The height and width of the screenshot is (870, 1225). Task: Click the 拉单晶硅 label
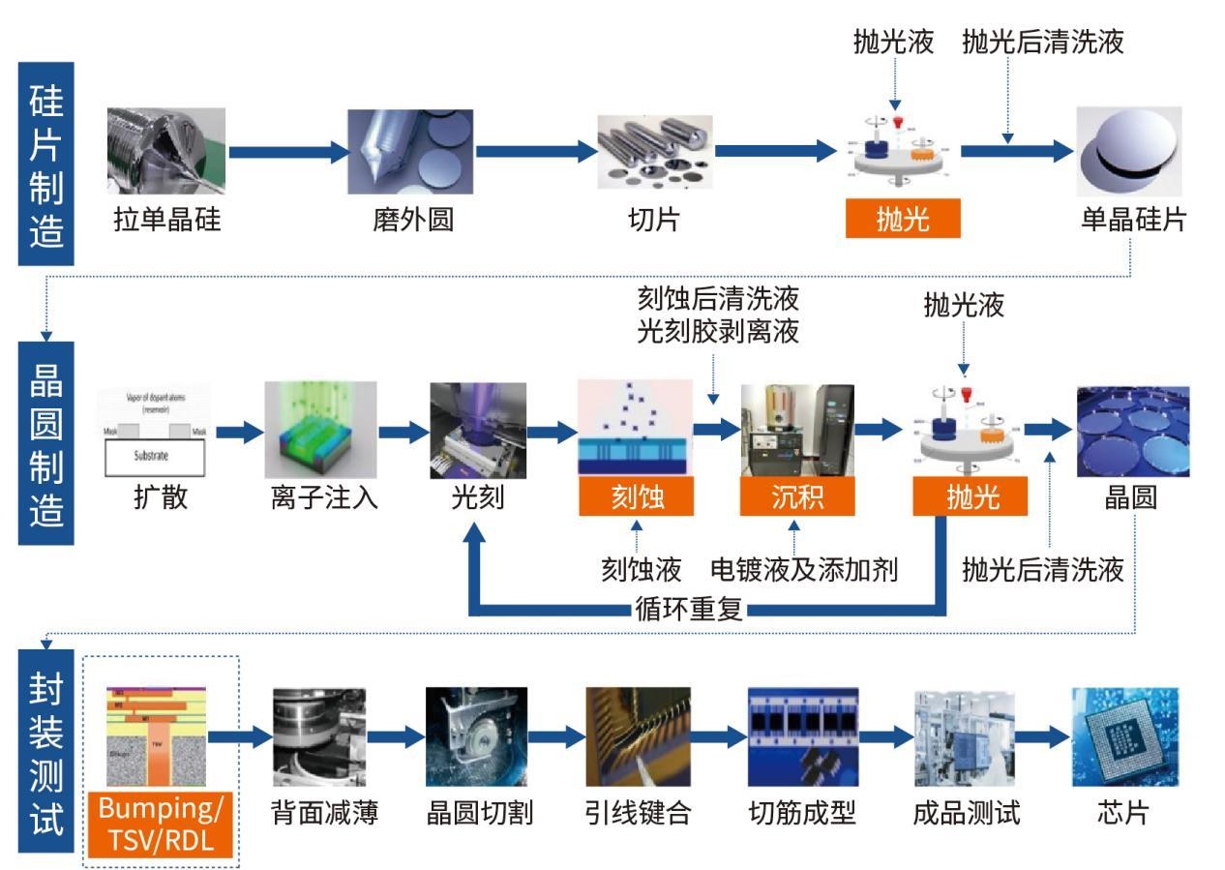coord(166,220)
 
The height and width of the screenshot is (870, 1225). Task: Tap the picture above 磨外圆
coord(410,151)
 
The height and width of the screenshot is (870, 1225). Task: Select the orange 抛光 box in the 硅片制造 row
coord(903,219)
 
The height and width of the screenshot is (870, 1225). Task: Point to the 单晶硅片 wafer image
coord(1129,151)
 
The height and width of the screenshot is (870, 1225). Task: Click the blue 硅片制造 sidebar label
coord(46,165)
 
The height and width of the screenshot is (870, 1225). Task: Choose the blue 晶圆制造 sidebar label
coord(46,443)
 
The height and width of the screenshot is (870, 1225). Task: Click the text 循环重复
coord(688,609)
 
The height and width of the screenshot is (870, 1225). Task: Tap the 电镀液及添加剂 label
coord(804,569)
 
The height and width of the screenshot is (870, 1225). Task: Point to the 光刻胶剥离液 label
coord(718,332)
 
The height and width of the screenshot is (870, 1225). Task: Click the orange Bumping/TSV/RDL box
coord(162,825)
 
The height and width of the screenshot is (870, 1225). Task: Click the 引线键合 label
coord(638,812)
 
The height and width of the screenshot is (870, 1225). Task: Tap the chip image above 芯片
coord(1124,736)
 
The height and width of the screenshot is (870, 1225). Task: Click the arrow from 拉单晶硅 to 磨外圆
coord(287,151)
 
